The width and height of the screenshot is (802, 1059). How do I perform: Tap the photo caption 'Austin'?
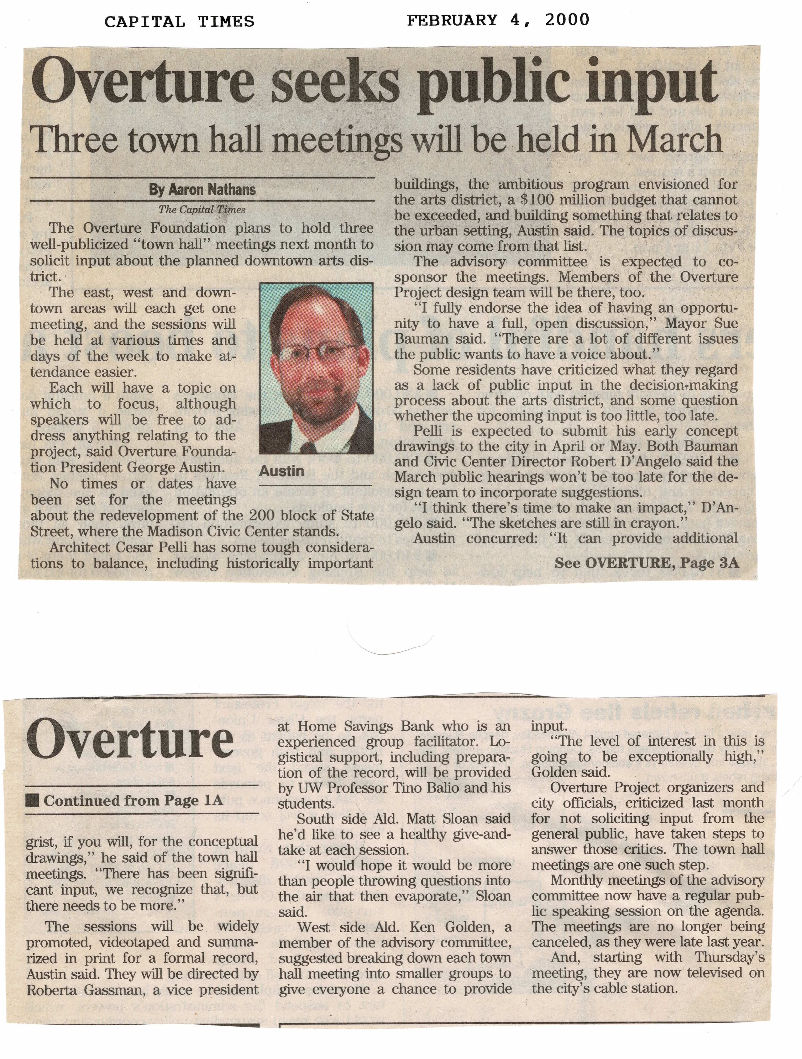(281, 471)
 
